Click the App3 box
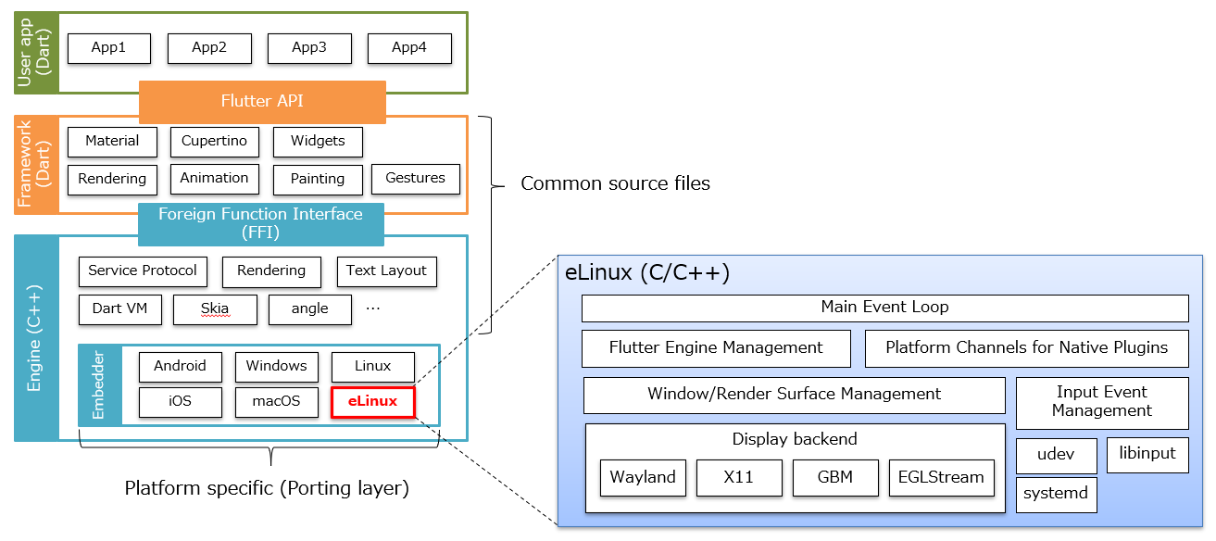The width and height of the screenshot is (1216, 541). [x=309, y=48]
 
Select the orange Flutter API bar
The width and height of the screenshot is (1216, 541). [x=262, y=101]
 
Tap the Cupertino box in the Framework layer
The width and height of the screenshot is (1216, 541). [x=214, y=142]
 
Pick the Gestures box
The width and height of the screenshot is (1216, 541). [x=415, y=179]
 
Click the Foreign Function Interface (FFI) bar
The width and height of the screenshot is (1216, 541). [x=260, y=223]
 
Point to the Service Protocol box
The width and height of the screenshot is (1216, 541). [x=143, y=271]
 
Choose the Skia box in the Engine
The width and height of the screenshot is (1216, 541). [x=215, y=309]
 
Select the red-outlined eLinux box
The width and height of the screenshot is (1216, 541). [x=372, y=402]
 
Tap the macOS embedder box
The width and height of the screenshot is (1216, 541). [x=276, y=402]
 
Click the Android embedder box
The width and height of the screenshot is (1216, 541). [x=180, y=367]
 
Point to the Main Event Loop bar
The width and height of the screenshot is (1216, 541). [x=884, y=308]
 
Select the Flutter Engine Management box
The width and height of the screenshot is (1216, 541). [x=716, y=348]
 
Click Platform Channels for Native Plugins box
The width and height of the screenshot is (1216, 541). [x=1026, y=348]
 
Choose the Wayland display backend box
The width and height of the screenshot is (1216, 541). [x=643, y=478]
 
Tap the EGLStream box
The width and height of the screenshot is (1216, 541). [x=941, y=478]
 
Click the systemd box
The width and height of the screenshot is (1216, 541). [x=1056, y=495]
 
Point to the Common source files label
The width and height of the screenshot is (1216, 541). [x=615, y=183]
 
